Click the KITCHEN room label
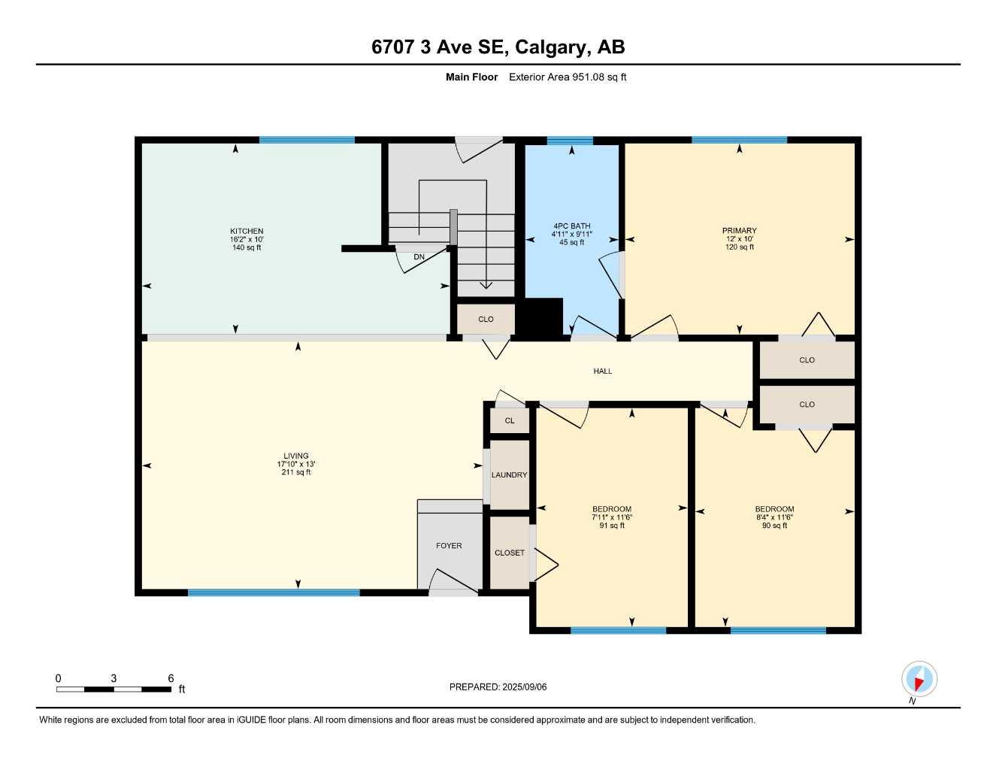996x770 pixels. coord(247,232)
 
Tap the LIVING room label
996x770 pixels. coord(295,456)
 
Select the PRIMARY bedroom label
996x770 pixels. coord(739,231)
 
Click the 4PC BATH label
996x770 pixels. coord(571,226)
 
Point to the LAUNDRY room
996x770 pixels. coord(509,475)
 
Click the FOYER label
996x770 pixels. coord(449,546)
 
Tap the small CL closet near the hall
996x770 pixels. coord(510,421)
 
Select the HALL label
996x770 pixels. coord(602,371)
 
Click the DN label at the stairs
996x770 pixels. coord(419,257)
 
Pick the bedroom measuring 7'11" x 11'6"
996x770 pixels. coord(611,517)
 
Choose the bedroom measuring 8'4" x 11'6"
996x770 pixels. coord(774,517)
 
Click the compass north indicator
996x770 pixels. coord(919,680)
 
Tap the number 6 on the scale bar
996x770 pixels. coord(171,678)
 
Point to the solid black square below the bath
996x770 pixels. coord(543,317)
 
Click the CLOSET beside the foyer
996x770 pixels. coord(509,553)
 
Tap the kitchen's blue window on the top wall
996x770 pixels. coord(307,140)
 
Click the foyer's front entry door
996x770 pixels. coord(453,586)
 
